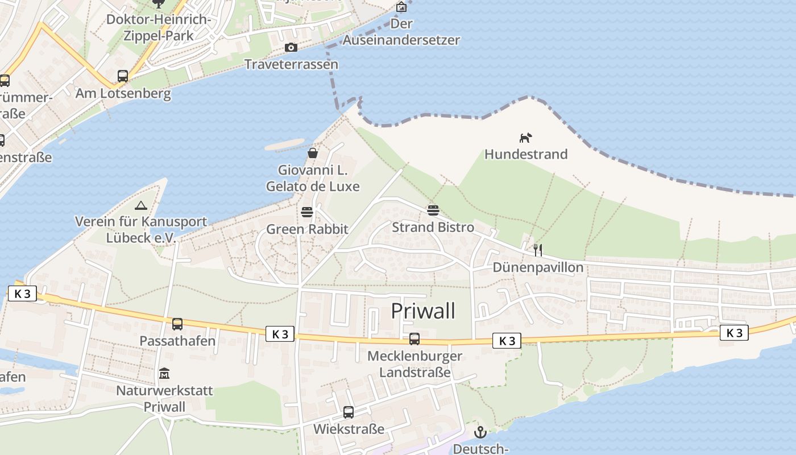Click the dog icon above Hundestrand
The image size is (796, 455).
point(525,138)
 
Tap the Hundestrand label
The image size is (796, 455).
point(526,154)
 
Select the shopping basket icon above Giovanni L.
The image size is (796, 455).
point(312,152)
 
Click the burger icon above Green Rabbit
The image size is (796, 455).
point(307,212)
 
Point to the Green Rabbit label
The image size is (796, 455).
point(307,229)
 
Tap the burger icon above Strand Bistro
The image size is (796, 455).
point(433,210)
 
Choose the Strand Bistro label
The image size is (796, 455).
point(433,227)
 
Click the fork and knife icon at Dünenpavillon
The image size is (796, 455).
point(538,250)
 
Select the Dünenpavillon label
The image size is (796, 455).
point(538,267)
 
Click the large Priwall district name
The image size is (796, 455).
point(424,311)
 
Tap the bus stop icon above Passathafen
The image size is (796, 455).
point(177,324)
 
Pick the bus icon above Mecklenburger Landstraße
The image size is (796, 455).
point(414,339)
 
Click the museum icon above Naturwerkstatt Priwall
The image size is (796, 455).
point(164,374)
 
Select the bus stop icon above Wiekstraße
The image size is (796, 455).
point(349,412)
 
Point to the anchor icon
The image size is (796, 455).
point(480,432)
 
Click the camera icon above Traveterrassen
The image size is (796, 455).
point(291,47)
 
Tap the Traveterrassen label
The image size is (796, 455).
point(291,64)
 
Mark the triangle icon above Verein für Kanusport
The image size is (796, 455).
point(141,205)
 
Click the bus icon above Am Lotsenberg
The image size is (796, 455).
point(123,76)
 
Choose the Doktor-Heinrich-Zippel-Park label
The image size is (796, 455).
point(159,27)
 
